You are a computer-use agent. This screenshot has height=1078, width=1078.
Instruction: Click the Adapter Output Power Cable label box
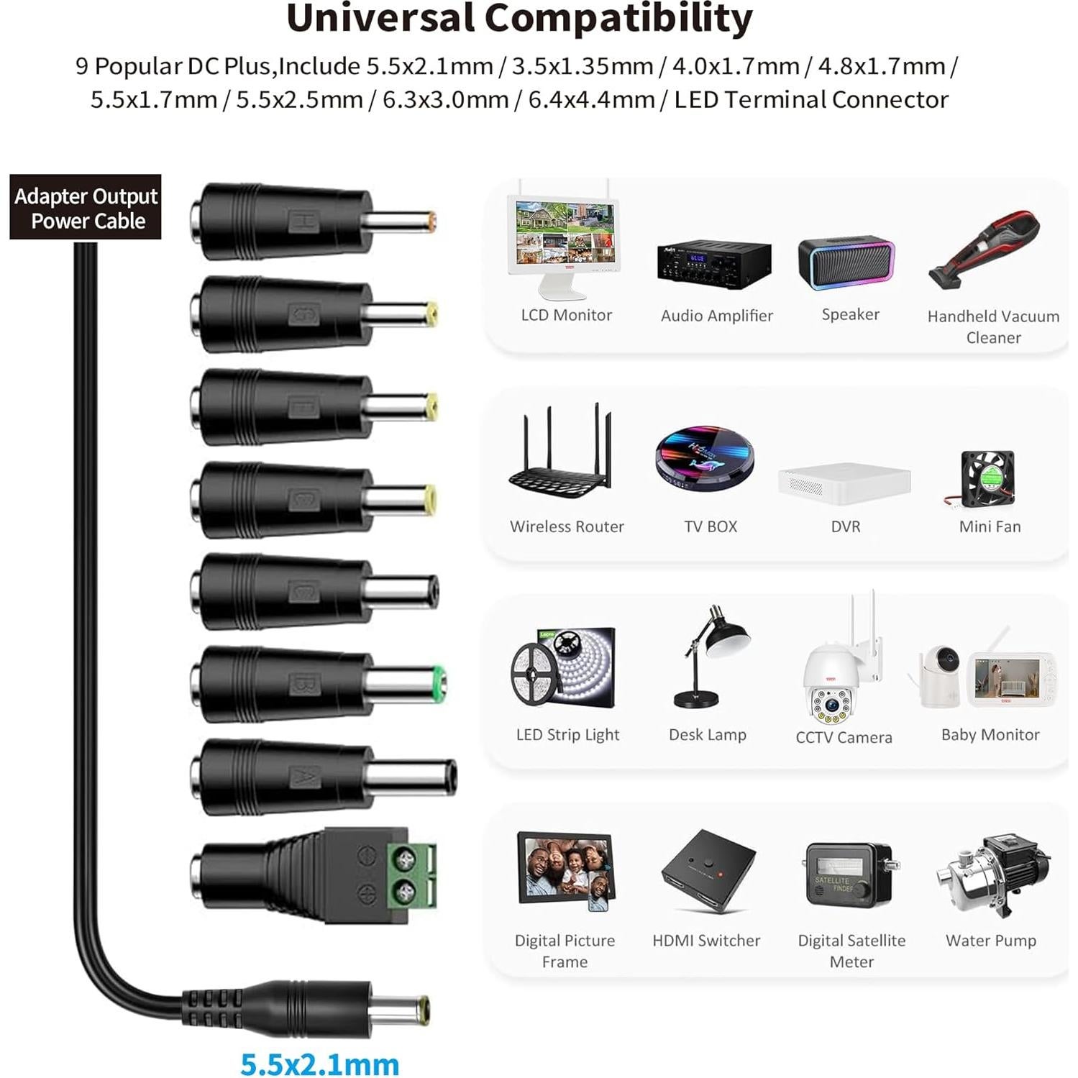click(x=86, y=207)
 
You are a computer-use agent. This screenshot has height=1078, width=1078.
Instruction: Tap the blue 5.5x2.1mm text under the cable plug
click(x=319, y=1063)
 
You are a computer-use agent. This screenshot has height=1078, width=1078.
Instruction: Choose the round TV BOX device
click(x=705, y=459)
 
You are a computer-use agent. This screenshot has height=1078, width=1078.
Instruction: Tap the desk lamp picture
click(x=711, y=656)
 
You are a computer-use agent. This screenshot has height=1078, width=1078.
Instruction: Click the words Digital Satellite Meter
click(x=851, y=951)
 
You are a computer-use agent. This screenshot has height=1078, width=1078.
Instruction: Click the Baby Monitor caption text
click(x=990, y=734)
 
